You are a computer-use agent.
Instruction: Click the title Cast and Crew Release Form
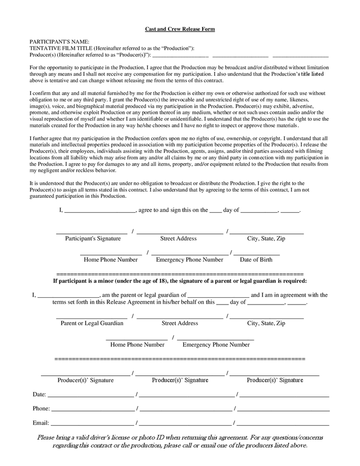click(x=180, y=29)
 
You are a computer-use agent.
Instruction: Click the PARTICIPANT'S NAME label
click(x=60, y=41)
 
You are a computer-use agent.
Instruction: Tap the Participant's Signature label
click(x=93, y=239)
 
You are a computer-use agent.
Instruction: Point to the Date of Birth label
click(x=256, y=259)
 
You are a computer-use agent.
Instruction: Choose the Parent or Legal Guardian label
click(x=92, y=323)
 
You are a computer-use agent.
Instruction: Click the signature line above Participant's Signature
click(x=92, y=233)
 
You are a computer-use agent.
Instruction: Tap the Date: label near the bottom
click(x=39, y=395)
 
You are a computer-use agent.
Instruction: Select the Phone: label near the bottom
click(x=41, y=409)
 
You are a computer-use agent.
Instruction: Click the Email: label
click(x=40, y=423)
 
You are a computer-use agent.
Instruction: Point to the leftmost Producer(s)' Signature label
click(x=85, y=380)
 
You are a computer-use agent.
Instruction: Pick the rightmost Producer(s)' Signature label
click(x=275, y=380)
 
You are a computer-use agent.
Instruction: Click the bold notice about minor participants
click(x=180, y=281)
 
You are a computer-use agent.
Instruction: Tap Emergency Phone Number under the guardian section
click(x=216, y=344)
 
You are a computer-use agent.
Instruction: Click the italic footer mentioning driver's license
click(x=180, y=441)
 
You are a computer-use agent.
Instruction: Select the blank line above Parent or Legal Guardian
click(x=92, y=317)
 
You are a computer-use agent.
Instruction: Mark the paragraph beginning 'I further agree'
click(x=179, y=154)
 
